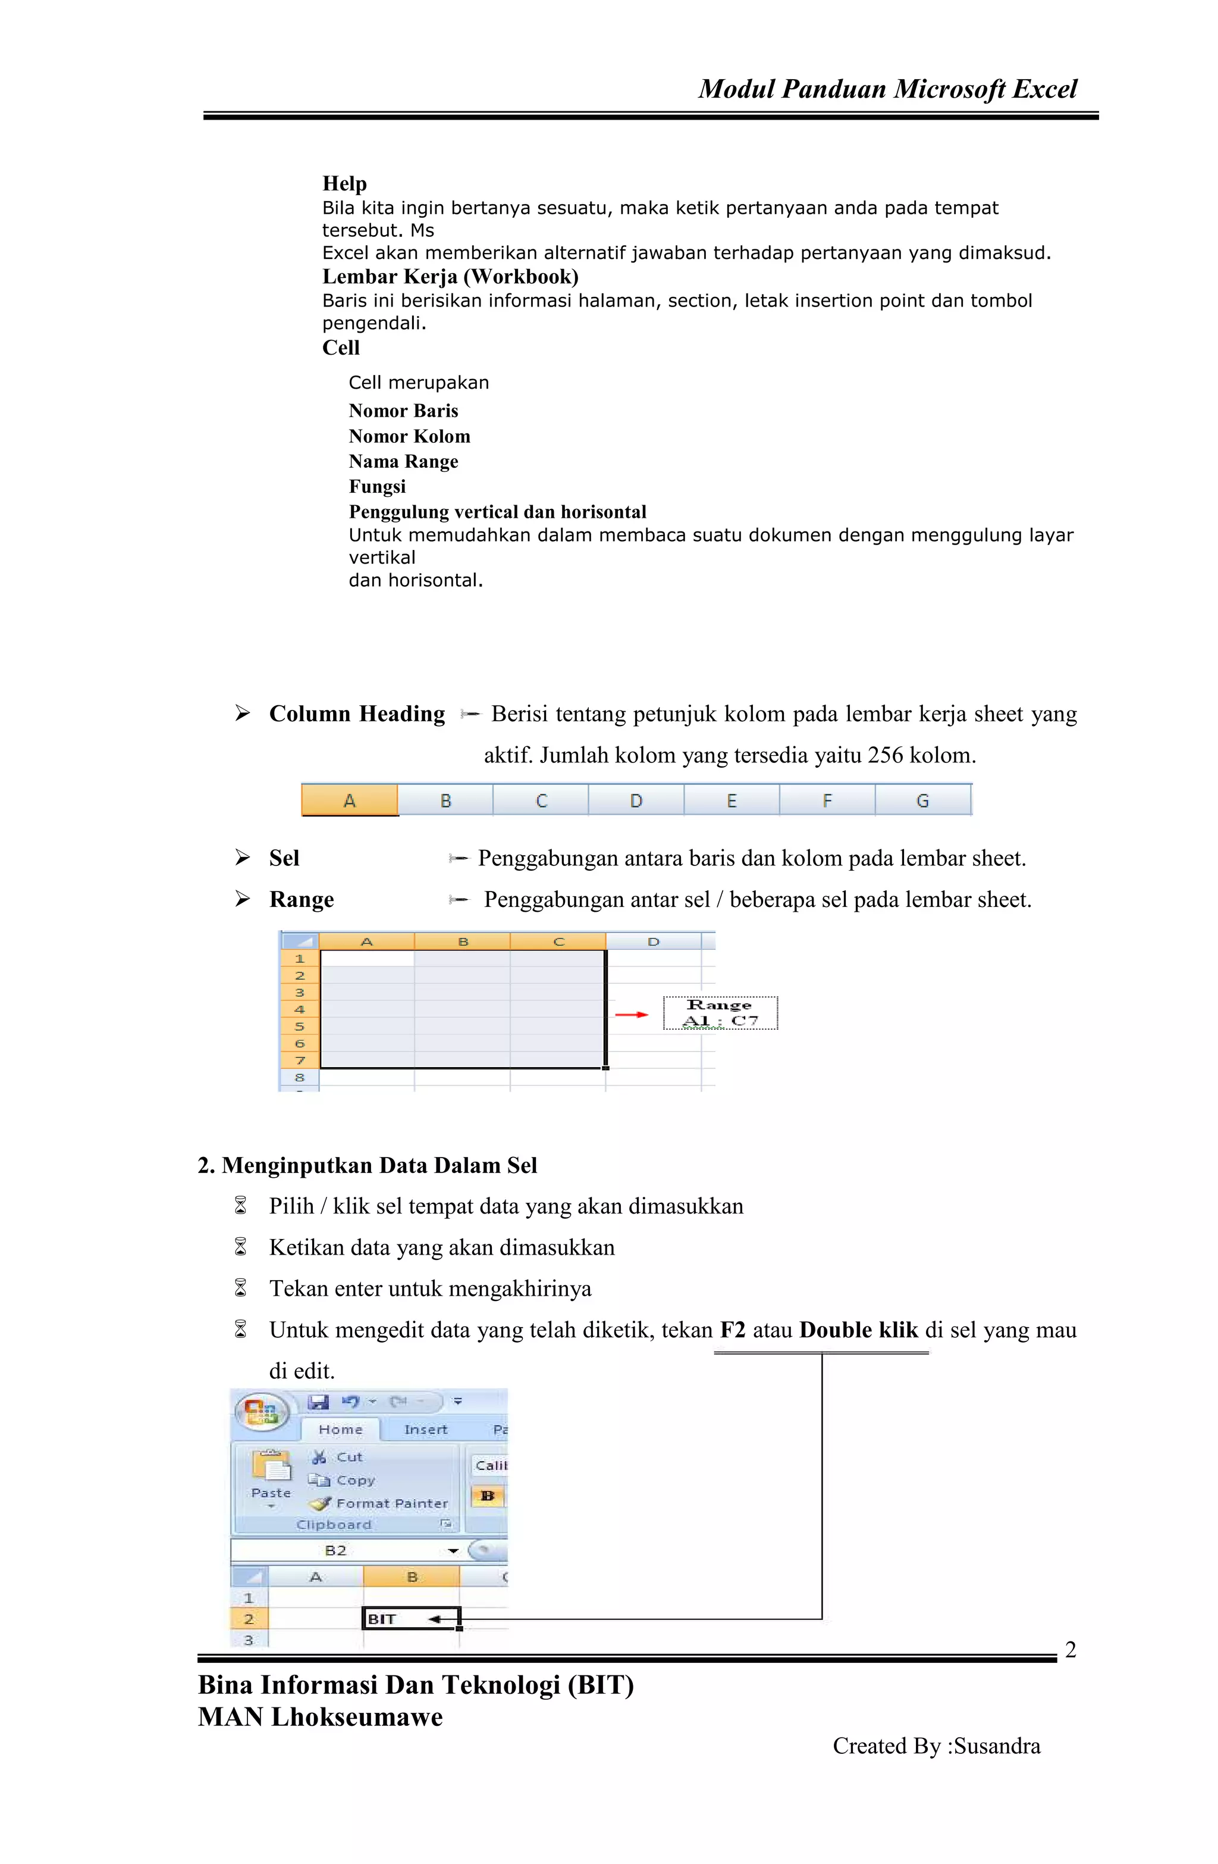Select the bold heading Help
coord(344,183)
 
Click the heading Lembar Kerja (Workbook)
coord(450,277)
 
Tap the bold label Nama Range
coord(403,461)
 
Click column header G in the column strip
coord(922,800)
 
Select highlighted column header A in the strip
coord(350,800)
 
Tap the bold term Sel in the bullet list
coord(284,858)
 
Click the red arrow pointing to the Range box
coord(631,1014)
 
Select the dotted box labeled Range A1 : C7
coord(720,1013)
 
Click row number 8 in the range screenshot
coord(300,1078)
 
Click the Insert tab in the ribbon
coord(425,1430)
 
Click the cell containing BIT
coord(411,1619)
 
